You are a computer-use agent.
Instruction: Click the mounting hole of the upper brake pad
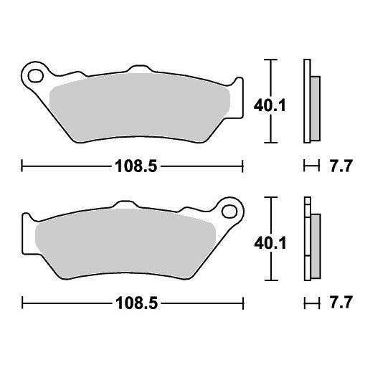pos(36,76)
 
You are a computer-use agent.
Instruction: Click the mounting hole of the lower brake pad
pos(229,211)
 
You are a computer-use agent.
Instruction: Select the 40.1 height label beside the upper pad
pos(270,105)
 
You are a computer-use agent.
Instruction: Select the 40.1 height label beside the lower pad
pos(270,244)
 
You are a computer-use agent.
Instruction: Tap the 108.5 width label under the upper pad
pos(136,166)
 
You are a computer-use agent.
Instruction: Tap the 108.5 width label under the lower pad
pos(137,303)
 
